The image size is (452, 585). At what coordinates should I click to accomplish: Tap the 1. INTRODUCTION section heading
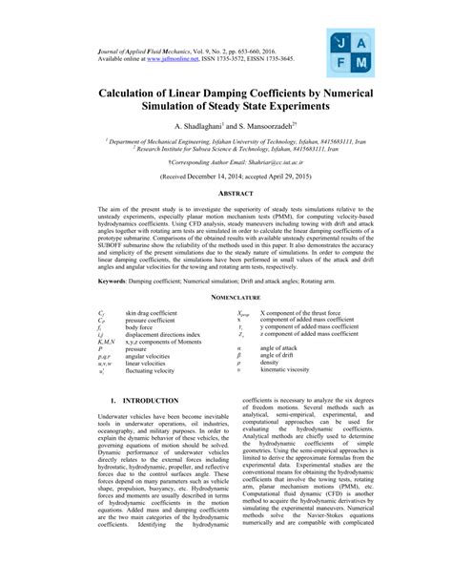pos(143,401)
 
